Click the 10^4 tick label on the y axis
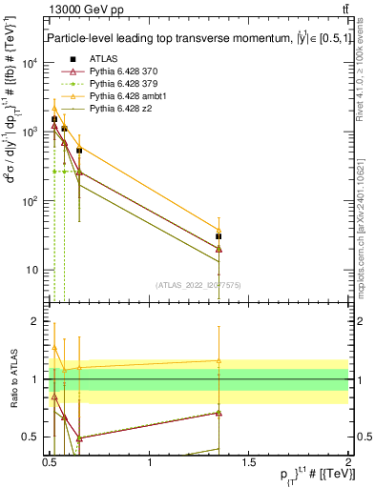30,64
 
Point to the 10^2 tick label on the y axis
30,201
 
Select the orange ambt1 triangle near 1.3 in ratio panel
219,361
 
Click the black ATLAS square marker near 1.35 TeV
219,236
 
